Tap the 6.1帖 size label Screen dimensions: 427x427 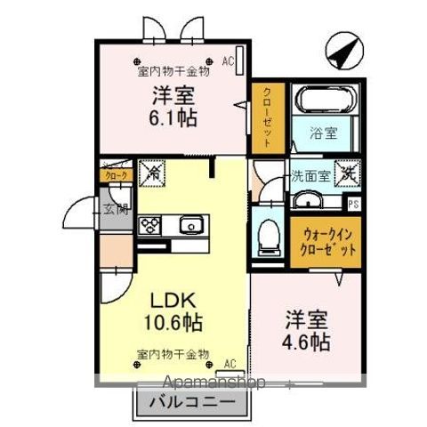click(174, 116)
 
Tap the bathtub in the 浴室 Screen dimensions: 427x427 click(325, 100)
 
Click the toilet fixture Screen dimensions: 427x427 click(265, 235)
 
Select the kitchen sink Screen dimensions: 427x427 click(191, 224)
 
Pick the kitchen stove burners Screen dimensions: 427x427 click(149, 224)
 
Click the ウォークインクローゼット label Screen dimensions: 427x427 click(326, 243)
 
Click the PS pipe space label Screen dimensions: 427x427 click(354, 204)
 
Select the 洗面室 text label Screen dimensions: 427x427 click(311, 175)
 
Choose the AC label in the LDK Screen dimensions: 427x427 click(230, 364)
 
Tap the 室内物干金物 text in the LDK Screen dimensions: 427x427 click(172, 354)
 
